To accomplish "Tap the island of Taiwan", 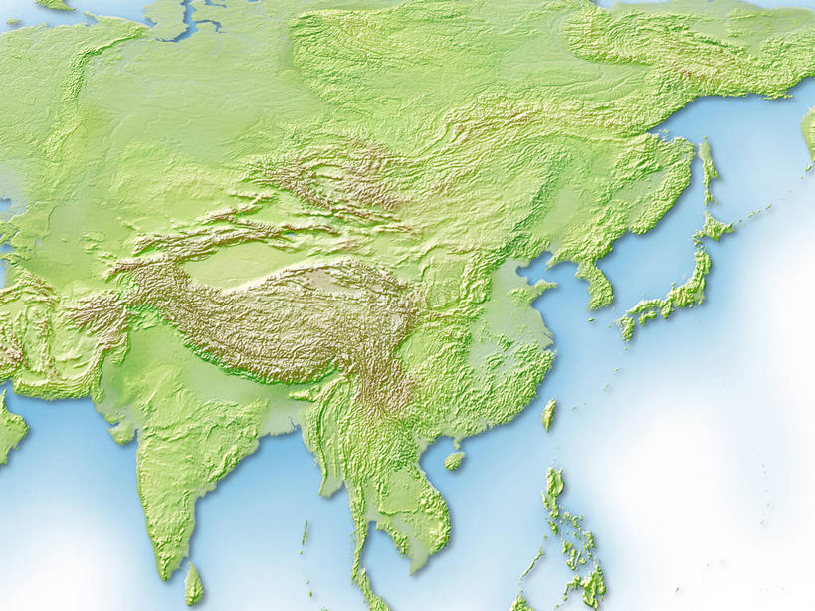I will pyautogui.click(x=548, y=414).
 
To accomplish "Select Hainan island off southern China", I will pyautogui.click(x=455, y=461).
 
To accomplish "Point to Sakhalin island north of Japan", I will pyautogui.click(x=709, y=169).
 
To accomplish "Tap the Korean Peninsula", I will pyautogui.click(x=597, y=284).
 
